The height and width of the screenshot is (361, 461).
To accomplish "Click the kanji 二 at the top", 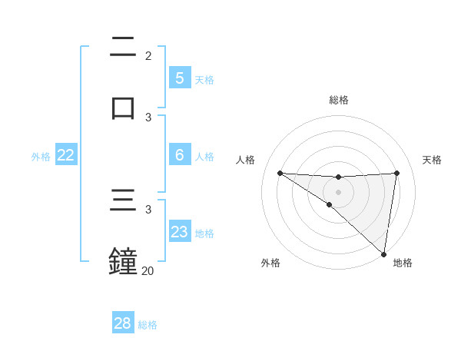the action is (x=123, y=45).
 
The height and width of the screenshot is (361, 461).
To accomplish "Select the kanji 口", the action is (x=123, y=107).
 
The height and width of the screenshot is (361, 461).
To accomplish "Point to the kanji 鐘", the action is (x=123, y=260).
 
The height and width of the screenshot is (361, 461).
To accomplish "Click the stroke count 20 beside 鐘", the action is (x=148, y=270).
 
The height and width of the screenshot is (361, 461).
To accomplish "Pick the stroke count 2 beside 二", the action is (x=148, y=56).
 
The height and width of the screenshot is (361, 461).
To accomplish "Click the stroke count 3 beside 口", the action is (x=148, y=117).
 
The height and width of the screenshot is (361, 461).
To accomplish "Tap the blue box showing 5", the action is (x=179, y=78).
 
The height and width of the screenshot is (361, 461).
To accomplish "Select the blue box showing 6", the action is (x=179, y=155).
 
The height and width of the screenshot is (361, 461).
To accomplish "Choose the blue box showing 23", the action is (x=179, y=232).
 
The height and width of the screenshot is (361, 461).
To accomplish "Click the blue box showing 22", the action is (x=66, y=155).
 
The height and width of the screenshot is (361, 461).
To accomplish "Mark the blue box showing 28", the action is (x=123, y=323).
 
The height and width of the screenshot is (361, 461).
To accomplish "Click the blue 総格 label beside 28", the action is (x=148, y=325).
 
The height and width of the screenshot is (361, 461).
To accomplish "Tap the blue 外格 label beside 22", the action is (x=41, y=157).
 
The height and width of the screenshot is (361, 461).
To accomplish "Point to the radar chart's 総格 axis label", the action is (x=339, y=100).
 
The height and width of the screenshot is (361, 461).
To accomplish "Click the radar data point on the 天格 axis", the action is (x=397, y=173).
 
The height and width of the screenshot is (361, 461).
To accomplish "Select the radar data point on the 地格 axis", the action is (x=384, y=254).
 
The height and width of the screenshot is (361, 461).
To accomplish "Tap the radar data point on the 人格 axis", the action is (x=280, y=173).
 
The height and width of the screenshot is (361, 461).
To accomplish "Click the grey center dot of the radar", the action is (x=338, y=192).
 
